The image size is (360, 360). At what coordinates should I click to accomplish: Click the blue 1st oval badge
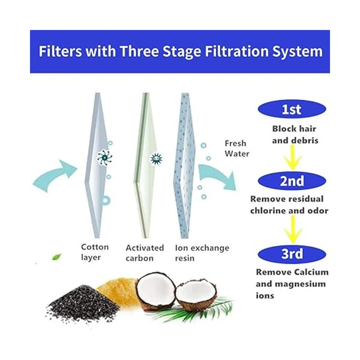[292, 109]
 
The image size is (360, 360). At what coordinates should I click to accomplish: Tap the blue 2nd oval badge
[292, 181]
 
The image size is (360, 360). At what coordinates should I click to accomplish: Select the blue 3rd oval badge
[292, 254]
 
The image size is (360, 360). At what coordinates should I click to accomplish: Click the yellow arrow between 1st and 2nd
[292, 158]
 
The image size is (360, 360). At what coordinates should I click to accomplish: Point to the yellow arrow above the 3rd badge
[293, 230]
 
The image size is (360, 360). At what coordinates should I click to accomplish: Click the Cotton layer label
[95, 252]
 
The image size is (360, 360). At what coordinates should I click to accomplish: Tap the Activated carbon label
[145, 253]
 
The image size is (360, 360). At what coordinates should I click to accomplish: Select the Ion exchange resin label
[202, 253]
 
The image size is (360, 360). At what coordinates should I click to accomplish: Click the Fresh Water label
[237, 149]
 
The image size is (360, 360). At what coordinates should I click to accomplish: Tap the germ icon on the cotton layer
[105, 158]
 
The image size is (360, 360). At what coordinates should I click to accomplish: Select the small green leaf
[56, 257]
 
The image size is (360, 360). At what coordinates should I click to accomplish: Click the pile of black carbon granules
[82, 302]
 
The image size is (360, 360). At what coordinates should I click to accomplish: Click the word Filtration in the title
[237, 51]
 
